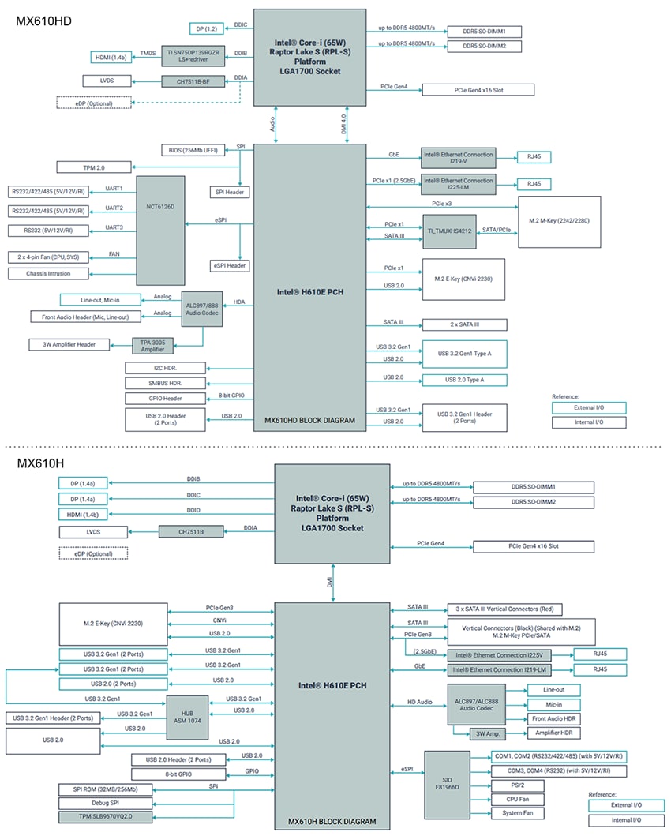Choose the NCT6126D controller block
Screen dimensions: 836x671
[160, 230]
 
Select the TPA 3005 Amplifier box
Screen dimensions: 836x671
[153, 344]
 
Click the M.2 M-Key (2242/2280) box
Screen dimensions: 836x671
[559, 222]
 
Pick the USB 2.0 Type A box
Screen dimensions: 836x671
[464, 380]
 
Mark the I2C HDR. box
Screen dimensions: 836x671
[166, 368]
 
